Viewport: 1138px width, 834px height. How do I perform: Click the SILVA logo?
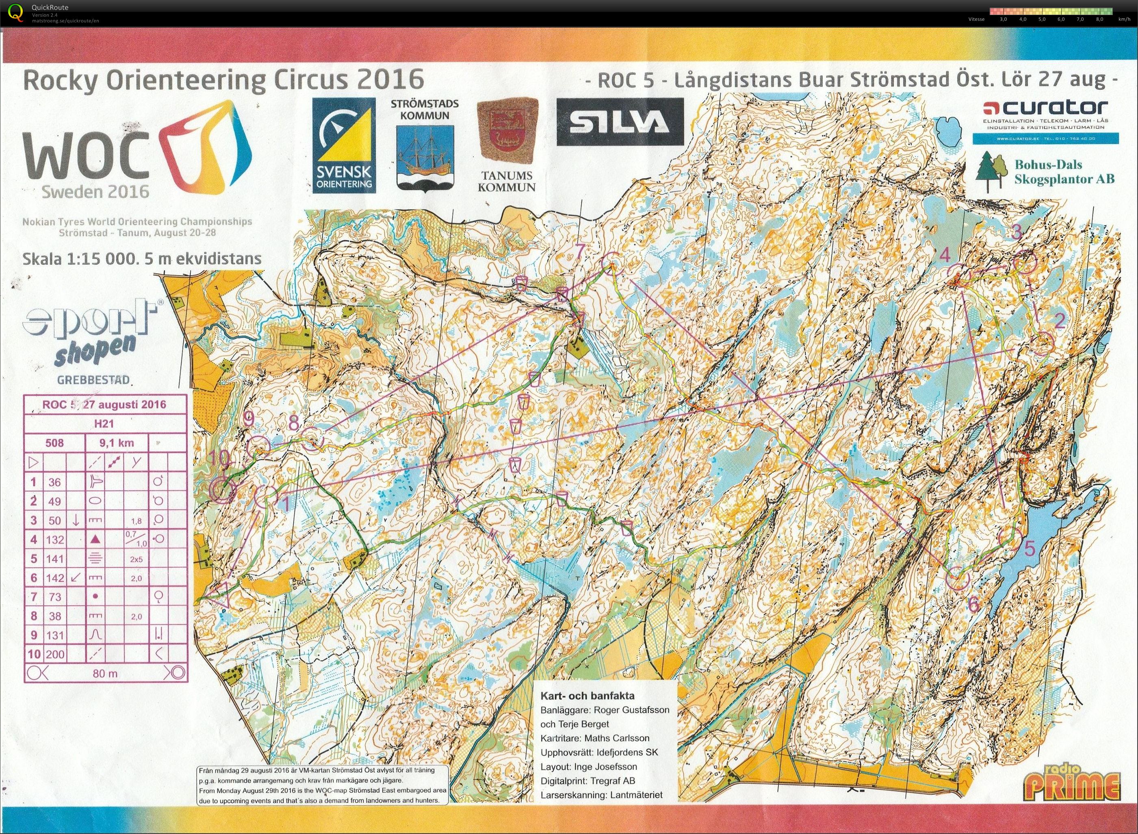point(620,122)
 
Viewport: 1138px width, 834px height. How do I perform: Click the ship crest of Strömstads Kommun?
point(424,156)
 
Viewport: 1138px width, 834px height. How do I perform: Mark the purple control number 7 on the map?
point(579,251)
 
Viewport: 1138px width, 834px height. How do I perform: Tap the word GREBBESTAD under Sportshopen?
point(93,380)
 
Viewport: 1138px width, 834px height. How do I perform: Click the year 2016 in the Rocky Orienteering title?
point(388,79)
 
